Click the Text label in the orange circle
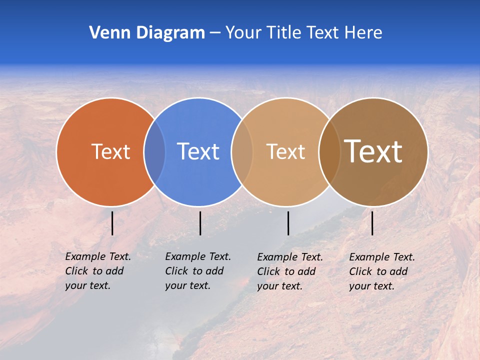click(x=110, y=151)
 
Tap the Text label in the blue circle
click(x=198, y=151)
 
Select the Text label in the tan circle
click(x=285, y=151)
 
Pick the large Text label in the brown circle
click(x=373, y=151)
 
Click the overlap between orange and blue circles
click(x=154, y=151)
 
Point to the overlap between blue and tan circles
click(x=242, y=151)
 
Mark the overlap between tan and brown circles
click(x=329, y=151)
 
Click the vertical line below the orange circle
click(x=112, y=223)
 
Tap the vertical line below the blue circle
click(x=200, y=223)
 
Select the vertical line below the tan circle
click(x=288, y=223)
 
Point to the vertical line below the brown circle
click(x=372, y=223)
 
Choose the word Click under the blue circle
click(x=176, y=271)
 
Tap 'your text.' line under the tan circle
click(x=279, y=286)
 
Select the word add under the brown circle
click(x=398, y=271)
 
